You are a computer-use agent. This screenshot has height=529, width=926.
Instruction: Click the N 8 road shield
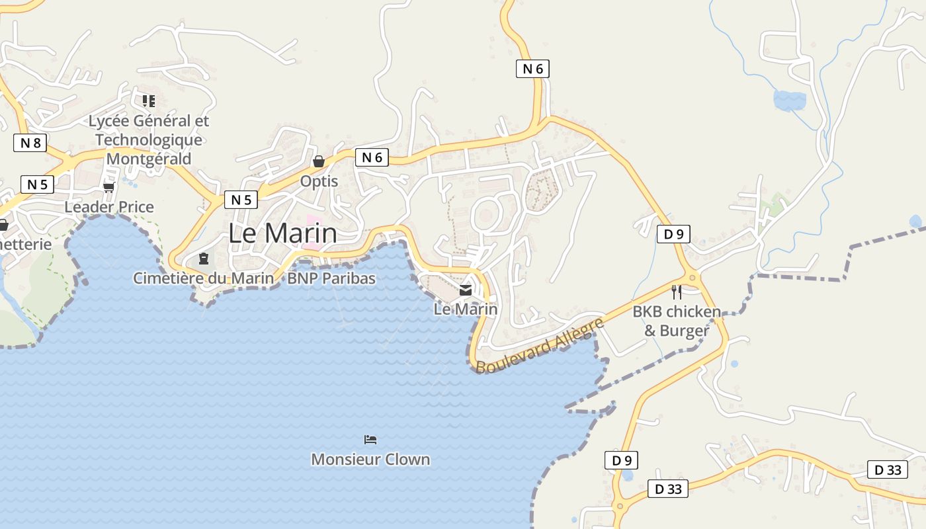click(x=30, y=143)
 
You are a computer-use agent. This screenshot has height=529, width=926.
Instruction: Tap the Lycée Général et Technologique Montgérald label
click(x=149, y=140)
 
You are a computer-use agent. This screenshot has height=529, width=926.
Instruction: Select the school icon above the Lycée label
click(x=149, y=101)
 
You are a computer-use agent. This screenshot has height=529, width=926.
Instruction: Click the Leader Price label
click(x=109, y=207)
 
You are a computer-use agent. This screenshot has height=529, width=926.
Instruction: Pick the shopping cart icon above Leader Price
click(x=109, y=187)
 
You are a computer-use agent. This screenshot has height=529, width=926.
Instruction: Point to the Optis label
click(x=319, y=181)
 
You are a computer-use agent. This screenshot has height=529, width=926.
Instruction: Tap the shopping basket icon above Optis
click(x=319, y=161)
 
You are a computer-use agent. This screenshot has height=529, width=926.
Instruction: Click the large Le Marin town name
click(x=282, y=233)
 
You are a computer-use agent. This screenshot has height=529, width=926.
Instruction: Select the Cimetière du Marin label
click(x=204, y=278)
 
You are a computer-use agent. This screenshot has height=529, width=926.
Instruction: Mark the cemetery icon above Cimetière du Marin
click(x=204, y=258)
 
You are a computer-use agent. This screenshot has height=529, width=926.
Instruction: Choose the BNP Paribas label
click(x=331, y=278)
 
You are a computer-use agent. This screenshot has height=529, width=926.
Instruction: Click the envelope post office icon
click(x=466, y=290)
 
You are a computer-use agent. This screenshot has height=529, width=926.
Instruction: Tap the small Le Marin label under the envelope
click(x=466, y=309)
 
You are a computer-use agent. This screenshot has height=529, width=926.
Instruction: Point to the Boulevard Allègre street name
click(x=540, y=345)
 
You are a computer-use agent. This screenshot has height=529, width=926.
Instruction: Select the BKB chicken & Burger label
click(x=677, y=321)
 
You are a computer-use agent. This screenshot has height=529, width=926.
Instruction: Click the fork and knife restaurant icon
click(x=677, y=292)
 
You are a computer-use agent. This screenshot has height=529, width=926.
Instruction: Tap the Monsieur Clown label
click(x=370, y=460)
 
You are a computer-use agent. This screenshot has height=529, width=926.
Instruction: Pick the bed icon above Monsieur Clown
click(x=370, y=440)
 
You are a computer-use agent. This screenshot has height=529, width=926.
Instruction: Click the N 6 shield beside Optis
click(x=372, y=157)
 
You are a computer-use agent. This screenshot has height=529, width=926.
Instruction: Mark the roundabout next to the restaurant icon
click(x=693, y=278)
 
